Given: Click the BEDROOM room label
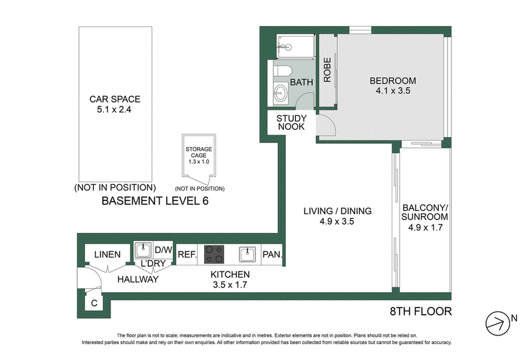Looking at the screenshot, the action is coord(392,81).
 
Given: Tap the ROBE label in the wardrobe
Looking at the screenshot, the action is coord(327,70).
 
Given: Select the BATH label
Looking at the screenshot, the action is coord(301,83).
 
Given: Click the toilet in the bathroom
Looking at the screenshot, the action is coord(283,71).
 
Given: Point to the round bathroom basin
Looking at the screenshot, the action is coord(280,92).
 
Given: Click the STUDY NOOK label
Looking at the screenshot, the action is coord(291,122).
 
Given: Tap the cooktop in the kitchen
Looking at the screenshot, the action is coord(214,254).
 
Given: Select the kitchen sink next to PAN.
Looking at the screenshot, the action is coord(247,254).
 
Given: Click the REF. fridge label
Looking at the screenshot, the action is coord(188,254).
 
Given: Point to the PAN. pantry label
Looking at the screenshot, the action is coord(272,254).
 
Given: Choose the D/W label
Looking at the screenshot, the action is coord(164,250).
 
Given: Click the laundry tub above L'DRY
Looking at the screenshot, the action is coord(143,250).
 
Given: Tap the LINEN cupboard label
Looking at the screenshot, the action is coord(107,254).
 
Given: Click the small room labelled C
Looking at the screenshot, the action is coord(94,303).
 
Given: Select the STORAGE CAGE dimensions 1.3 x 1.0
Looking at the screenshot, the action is coord(199,162).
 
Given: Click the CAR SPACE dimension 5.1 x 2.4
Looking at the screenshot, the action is coord(114,109).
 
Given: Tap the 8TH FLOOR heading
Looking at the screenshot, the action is coord(421,311).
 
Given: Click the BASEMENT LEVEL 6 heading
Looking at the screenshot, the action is coord(155,201).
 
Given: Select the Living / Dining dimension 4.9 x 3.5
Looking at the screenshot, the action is coord(336,222).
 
